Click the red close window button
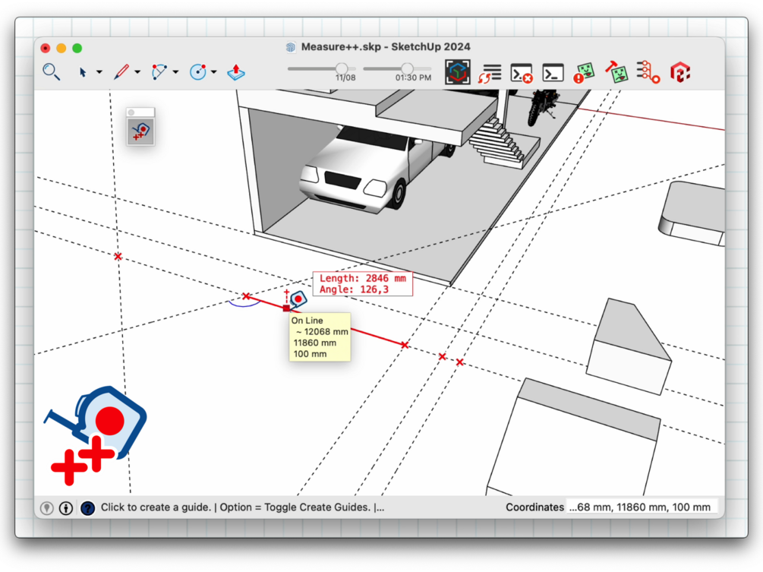46,48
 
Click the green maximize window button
77,48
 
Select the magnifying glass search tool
51,72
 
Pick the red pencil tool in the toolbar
121,72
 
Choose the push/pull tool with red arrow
236,72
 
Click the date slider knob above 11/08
342,68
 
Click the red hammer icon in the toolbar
616,72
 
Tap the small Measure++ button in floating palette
140,131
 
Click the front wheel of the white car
399,194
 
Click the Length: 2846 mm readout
363,278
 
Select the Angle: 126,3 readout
354,289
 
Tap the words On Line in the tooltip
307,321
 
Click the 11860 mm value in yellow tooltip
315,343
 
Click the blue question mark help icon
87,508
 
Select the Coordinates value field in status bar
640,507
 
